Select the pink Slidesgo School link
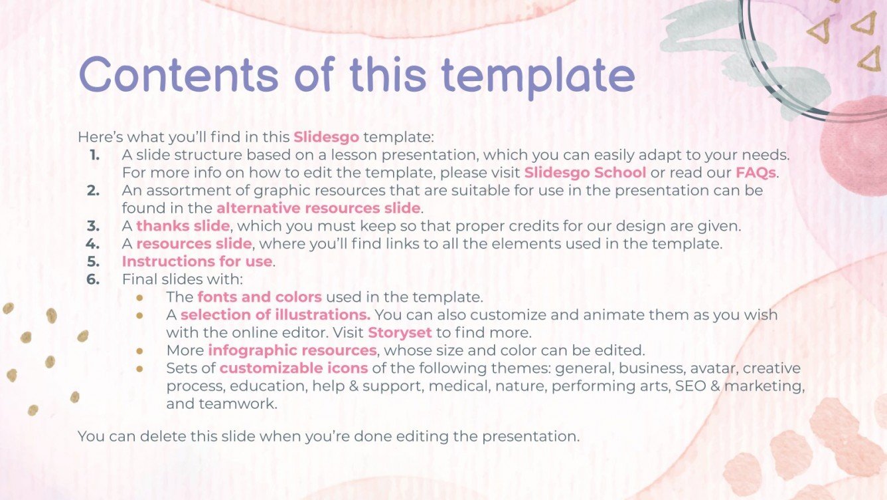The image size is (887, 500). (585, 173)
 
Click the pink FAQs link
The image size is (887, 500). (756, 173)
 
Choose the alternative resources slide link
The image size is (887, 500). (318, 208)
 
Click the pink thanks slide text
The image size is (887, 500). (183, 226)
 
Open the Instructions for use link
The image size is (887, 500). (197, 261)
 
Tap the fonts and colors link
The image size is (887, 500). (260, 297)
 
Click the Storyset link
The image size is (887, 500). (400, 332)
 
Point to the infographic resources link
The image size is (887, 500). (293, 350)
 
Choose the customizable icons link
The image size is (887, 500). (293, 368)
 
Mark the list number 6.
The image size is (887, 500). (94, 279)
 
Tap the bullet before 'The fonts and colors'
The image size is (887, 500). (139, 297)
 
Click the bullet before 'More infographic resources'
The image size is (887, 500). (139, 350)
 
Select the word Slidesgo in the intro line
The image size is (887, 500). (326, 138)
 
